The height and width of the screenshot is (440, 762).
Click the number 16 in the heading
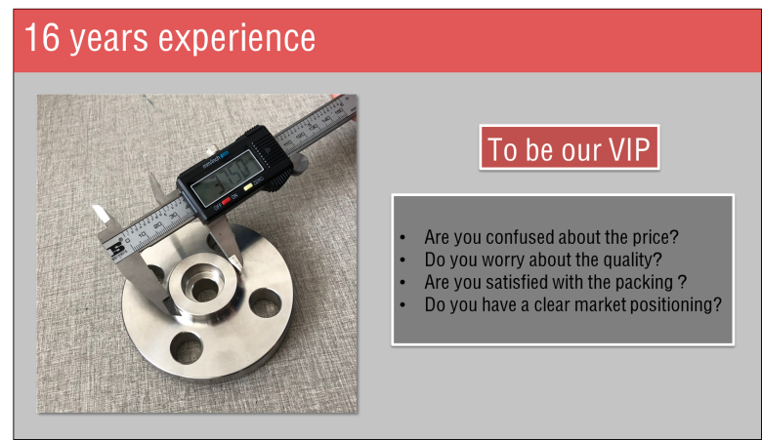[x=42, y=38]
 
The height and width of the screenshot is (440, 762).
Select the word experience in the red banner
[x=236, y=39]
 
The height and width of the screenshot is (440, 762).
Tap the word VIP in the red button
[x=630, y=149]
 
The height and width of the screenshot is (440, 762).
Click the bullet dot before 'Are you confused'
[x=402, y=238]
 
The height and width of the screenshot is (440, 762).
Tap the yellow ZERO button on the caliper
[x=248, y=186]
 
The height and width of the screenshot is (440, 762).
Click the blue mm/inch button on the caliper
[x=224, y=154]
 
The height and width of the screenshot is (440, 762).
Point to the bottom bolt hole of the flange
[x=187, y=348]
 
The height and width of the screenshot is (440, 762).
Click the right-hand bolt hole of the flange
[x=265, y=303]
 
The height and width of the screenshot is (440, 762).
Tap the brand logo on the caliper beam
[x=116, y=250]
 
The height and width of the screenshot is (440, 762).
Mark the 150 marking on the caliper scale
[x=338, y=111]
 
